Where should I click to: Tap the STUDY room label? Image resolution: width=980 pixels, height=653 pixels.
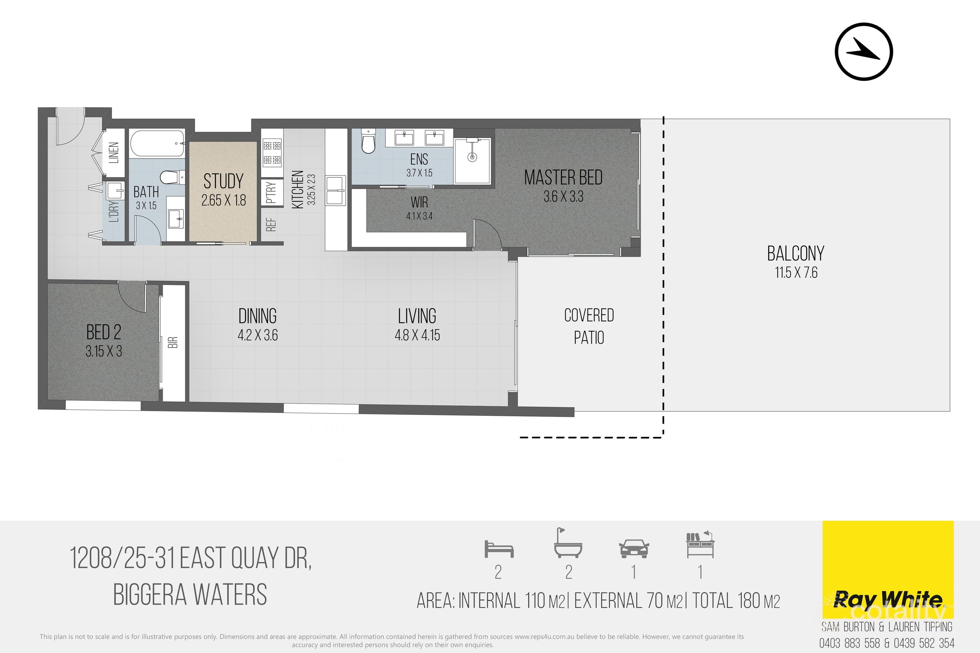[223, 181]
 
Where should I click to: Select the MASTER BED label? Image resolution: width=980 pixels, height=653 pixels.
[563, 178]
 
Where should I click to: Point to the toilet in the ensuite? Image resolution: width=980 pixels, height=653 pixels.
[368, 141]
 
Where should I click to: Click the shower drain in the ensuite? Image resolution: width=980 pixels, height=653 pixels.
[472, 157]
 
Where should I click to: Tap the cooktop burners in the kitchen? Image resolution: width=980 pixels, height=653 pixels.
[272, 152]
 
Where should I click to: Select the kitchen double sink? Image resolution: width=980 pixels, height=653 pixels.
[336, 190]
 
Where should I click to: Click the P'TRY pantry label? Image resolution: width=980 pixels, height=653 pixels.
[271, 192]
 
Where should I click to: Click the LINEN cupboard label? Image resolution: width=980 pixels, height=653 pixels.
[114, 152]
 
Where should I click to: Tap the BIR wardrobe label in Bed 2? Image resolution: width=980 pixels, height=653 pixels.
[173, 342]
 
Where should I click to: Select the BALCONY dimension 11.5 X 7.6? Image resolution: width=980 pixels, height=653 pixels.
[796, 273]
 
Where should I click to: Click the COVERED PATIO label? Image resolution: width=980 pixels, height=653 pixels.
[589, 326]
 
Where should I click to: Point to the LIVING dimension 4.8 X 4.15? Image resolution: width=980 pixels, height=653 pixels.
[417, 335]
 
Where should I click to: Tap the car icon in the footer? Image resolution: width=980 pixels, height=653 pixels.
[634, 549]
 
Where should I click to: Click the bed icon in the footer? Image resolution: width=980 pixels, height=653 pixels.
[499, 549]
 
